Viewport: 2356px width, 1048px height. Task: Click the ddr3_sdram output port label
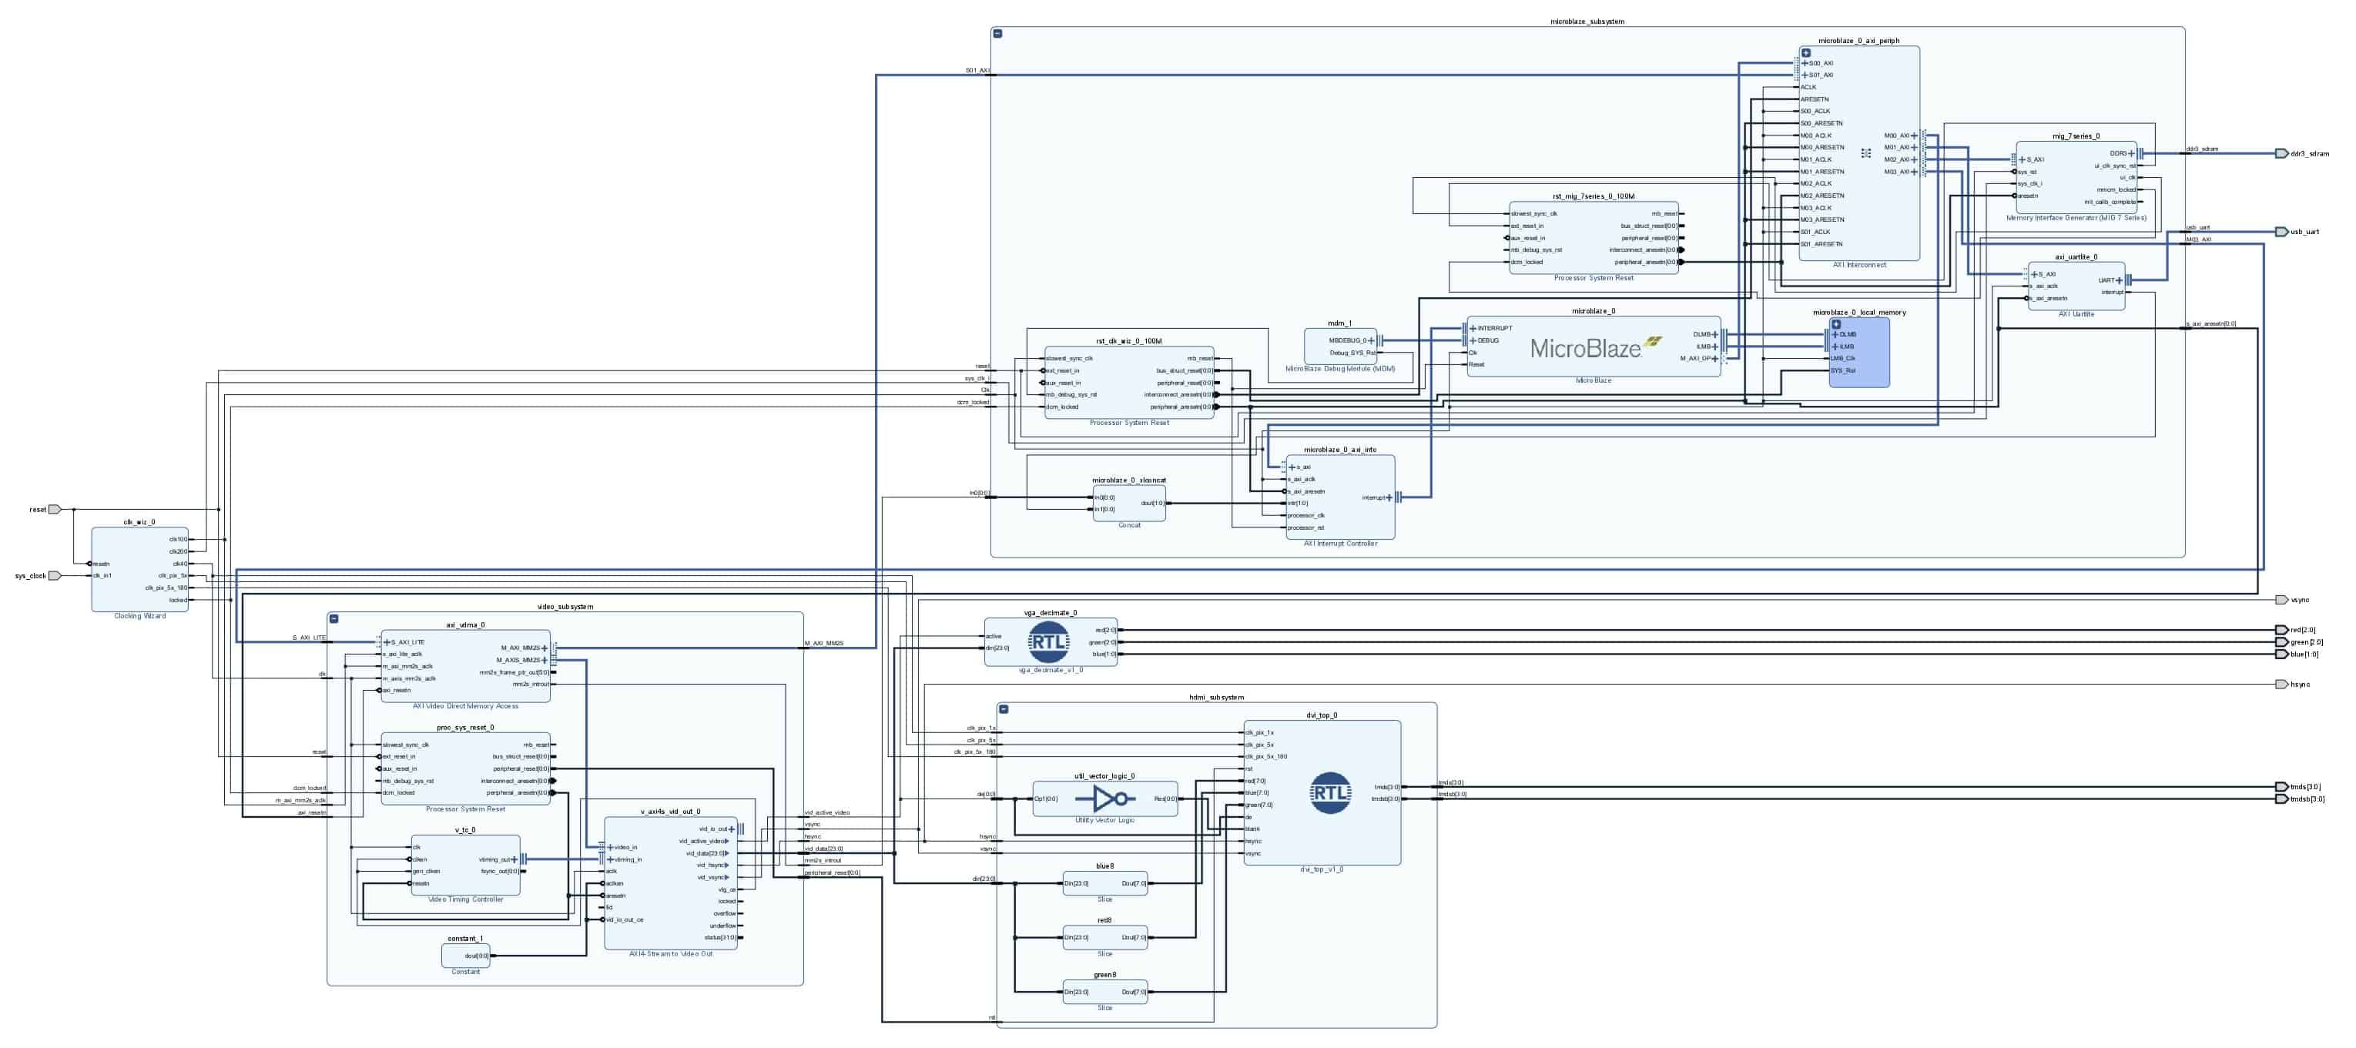[x=2309, y=154]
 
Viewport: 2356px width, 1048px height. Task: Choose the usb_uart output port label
[x=2304, y=233]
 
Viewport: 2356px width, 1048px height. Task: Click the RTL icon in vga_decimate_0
[x=1048, y=642]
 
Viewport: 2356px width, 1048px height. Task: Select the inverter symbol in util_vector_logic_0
[x=1104, y=799]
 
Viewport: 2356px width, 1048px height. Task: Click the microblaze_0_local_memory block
[x=1858, y=353]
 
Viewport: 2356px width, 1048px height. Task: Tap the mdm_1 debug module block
[x=1340, y=347]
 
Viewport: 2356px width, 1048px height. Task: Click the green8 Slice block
[x=1104, y=993]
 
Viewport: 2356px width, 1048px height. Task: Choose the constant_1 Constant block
[x=465, y=956]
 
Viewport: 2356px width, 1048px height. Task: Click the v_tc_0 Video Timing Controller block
[x=465, y=865]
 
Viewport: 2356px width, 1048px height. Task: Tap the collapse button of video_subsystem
[x=333, y=619]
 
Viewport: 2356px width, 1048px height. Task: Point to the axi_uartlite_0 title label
[x=2076, y=257]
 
